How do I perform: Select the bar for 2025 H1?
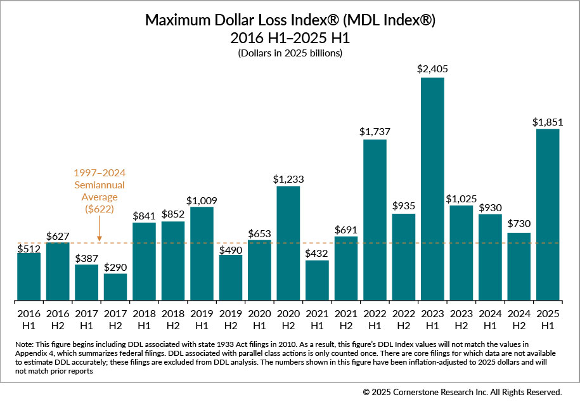[x=548, y=215]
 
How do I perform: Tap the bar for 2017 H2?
[x=115, y=287]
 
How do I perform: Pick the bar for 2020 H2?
[x=288, y=244]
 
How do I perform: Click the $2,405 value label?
[x=432, y=68]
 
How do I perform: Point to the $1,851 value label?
[x=548, y=120]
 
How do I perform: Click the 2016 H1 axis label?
[x=29, y=318]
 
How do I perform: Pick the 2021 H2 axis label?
[x=345, y=318]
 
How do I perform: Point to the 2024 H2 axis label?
[x=519, y=318]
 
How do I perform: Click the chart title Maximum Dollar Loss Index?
[x=290, y=20]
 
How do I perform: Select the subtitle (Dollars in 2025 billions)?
[x=290, y=53]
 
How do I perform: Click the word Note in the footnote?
[x=23, y=344]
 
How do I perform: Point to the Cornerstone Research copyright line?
[x=462, y=392]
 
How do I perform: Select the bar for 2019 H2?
[x=231, y=278]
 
